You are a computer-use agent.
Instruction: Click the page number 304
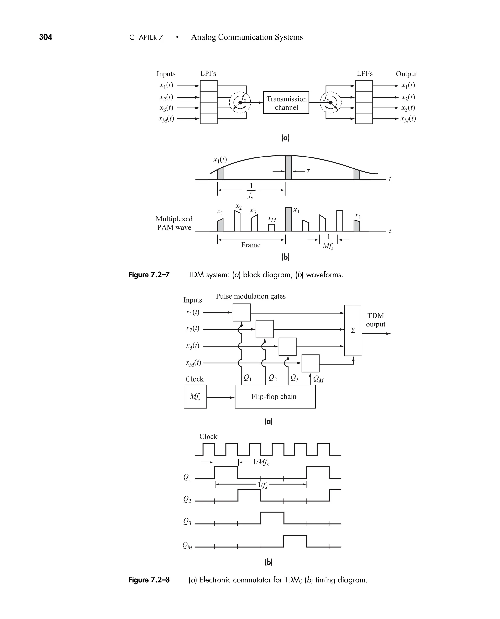45,37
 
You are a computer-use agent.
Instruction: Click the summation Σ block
353,330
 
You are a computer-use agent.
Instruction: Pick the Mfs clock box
195,397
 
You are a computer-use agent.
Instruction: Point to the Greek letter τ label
308,171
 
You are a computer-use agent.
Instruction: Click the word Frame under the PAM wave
250,245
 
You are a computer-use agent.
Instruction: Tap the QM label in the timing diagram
187,546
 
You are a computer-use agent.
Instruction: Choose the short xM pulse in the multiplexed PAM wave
271,228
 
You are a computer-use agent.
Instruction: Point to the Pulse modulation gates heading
250,296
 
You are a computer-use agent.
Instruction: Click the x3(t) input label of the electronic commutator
193,346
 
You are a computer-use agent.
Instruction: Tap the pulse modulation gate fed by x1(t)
241,313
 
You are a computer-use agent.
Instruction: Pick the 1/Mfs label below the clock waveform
261,462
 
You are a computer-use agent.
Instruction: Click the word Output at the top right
406,74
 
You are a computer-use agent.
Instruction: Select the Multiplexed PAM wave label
174,223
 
